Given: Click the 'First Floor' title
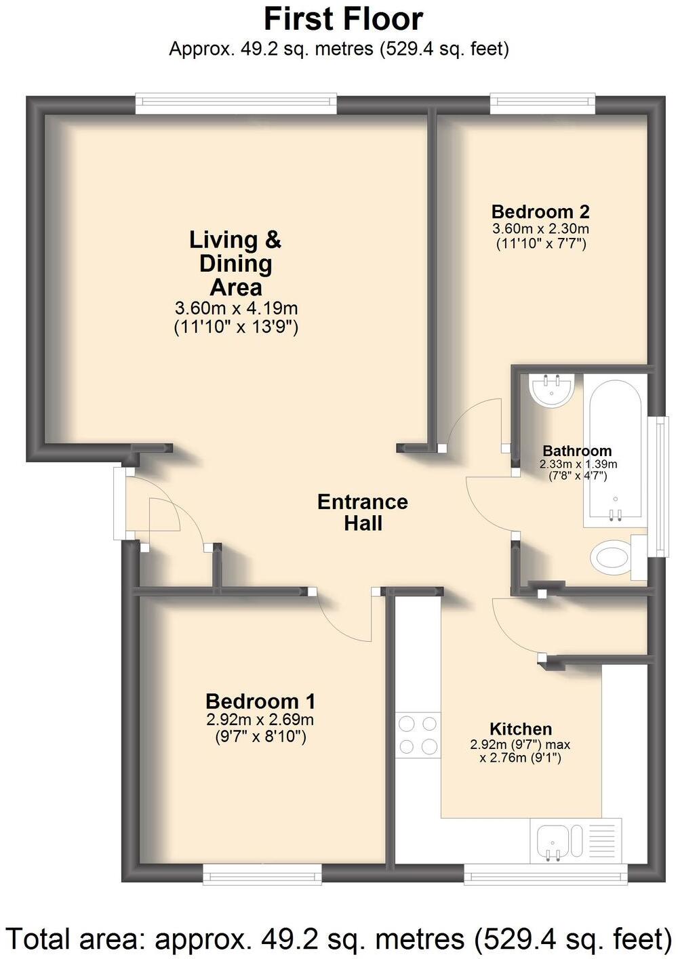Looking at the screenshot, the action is (x=344, y=20).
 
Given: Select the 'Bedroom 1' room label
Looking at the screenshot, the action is (x=260, y=701).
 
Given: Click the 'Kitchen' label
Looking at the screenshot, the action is (x=521, y=729).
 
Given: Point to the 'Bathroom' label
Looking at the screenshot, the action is (x=577, y=451).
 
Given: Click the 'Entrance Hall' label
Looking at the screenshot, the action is (x=362, y=512).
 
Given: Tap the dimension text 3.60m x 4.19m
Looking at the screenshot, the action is (x=236, y=308).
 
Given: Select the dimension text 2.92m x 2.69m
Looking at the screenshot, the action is (x=260, y=720).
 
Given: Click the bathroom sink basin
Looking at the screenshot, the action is (x=551, y=389).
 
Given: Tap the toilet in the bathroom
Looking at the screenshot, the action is (x=617, y=556).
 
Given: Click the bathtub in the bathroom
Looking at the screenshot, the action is (x=615, y=451).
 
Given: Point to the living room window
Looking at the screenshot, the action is (x=236, y=104).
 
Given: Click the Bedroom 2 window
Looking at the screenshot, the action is (x=542, y=104).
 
